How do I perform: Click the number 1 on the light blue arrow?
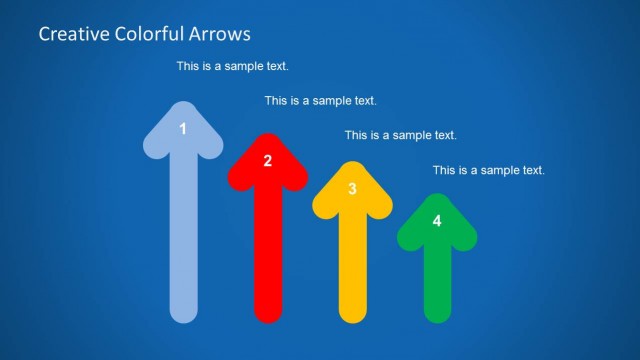coord(182,128)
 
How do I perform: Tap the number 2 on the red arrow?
coord(267,160)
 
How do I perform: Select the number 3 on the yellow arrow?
coord(352,188)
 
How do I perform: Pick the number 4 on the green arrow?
coord(436,221)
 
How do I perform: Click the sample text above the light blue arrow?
coord(233,67)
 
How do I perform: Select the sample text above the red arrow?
coord(320,101)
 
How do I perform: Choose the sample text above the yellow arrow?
coord(400,135)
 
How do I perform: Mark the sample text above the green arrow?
coord(488,170)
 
